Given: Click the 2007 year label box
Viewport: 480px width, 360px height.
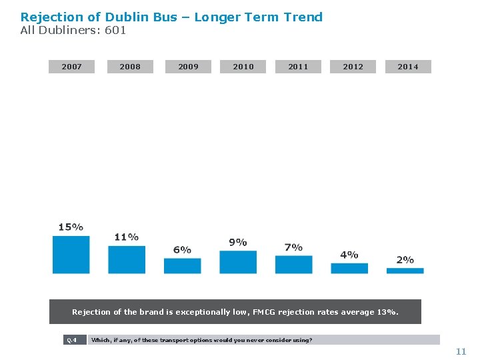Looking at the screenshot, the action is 71,67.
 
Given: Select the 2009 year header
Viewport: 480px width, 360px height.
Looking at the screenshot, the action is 188,67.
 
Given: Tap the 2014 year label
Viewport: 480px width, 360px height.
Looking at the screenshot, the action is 408,67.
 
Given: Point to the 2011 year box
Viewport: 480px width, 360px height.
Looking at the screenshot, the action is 298,67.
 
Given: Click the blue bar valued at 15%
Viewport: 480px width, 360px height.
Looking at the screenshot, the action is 71,255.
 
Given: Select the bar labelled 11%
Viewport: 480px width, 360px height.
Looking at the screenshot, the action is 127,259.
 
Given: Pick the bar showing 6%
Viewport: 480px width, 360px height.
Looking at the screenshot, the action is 183,266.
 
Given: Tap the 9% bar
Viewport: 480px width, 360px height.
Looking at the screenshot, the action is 238,262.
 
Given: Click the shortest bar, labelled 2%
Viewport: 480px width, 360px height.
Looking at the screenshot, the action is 405,271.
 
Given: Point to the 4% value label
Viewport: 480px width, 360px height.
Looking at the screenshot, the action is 349,255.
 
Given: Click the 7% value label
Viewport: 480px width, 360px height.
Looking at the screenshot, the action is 293,247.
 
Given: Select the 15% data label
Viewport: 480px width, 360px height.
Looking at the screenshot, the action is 71,227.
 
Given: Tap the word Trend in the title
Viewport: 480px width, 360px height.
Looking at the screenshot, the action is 303,17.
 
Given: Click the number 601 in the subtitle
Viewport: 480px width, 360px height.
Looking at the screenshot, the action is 115,30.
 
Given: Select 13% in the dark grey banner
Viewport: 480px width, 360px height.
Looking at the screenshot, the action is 388,312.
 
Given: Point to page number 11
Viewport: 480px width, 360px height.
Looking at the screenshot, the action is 461,351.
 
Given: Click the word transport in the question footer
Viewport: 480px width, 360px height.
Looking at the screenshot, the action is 172,340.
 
